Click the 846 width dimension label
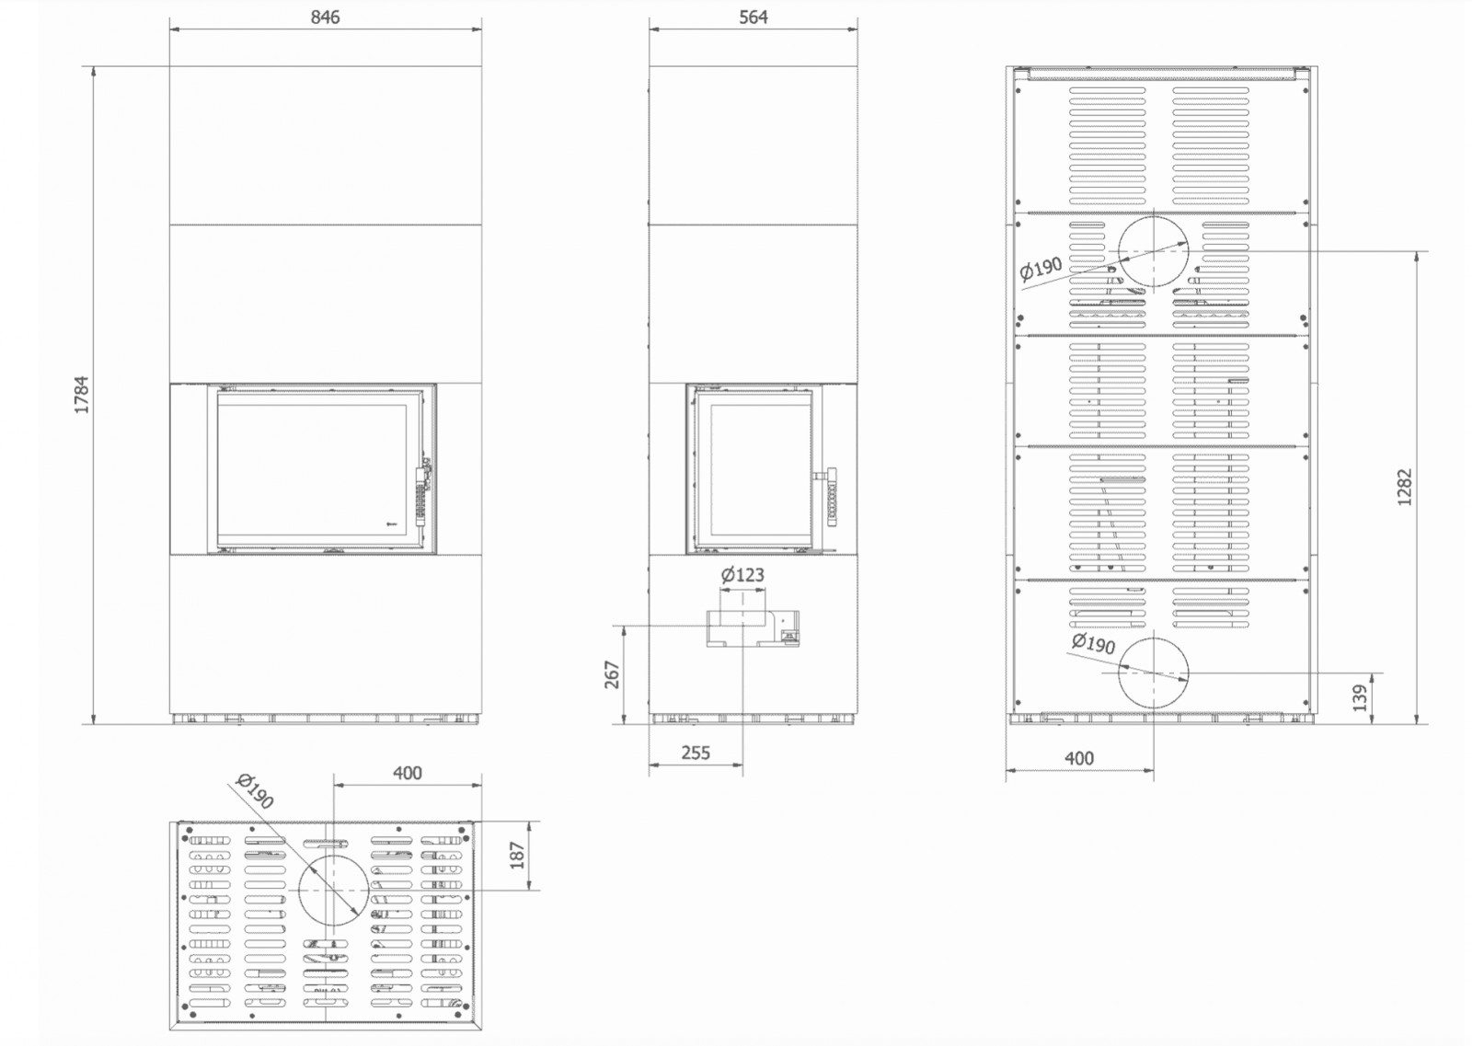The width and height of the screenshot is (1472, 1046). coord(326,17)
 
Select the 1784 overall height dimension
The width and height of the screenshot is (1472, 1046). coord(82,395)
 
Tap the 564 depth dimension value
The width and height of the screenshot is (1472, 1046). coord(753,17)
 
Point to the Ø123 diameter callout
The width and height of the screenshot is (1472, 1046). coord(742,575)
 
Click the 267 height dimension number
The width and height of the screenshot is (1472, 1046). coord(612,674)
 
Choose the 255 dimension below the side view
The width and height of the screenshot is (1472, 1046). coord(696,753)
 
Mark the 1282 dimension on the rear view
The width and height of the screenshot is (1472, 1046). coord(1404,487)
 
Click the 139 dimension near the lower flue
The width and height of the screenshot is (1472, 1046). coord(1361,697)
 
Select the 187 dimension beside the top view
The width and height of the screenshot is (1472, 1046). coord(518,855)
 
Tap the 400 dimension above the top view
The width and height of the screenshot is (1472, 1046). coord(408,773)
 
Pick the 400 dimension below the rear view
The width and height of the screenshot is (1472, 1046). coord(1079,758)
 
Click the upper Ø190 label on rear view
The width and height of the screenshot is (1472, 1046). coord(1041,269)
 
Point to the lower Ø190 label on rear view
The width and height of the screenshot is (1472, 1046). coord(1094,644)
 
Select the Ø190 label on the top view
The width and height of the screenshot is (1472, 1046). coord(254,791)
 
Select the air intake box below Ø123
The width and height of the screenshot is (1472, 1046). coord(753,628)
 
